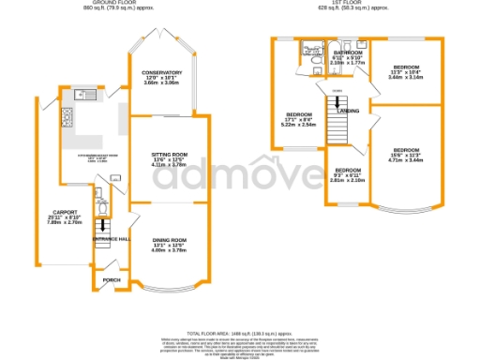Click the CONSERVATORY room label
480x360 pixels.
pyautogui.click(x=156, y=72)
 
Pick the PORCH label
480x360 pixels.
pyautogui.click(x=112, y=280)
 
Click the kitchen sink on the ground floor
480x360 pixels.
pyautogui.click(x=81, y=95)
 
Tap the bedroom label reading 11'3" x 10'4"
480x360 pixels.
pyautogui.click(x=406, y=67)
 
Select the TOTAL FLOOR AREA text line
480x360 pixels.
pyautogui.click(x=240, y=335)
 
